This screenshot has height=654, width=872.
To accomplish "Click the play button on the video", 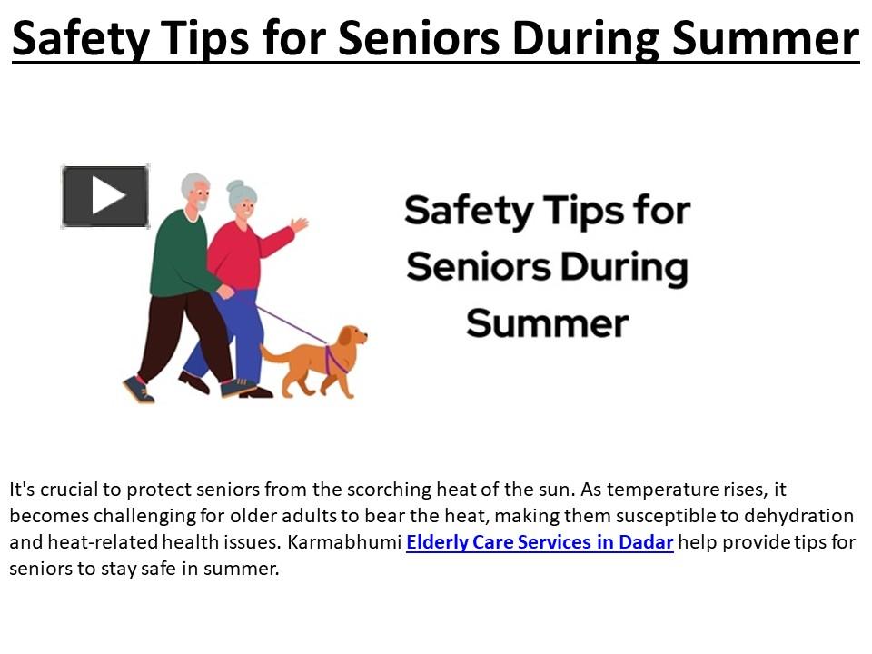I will [x=105, y=196].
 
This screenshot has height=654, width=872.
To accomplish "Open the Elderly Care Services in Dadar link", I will [x=540, y=543].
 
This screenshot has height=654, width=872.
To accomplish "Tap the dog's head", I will [x=352, y=340].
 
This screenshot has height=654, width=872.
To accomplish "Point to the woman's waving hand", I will [x=298, y=224].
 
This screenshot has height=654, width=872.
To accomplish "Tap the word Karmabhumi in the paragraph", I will [x=344, y=543].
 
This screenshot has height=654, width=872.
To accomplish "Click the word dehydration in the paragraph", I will [x=799, y=516].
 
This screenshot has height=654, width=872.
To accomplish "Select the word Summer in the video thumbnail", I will [x=547, y=324].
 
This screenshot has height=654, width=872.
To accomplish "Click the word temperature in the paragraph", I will [x=662, y=490].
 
